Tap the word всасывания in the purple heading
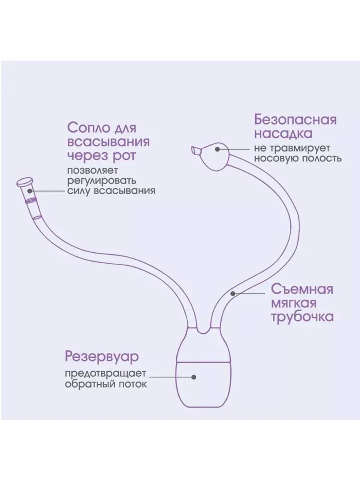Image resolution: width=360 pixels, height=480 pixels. coord(108,142)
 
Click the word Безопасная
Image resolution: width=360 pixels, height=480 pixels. coord(295,120)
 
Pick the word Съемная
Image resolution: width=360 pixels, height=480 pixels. coord(302,289)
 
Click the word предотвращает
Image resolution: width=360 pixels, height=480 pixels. coord(106,374)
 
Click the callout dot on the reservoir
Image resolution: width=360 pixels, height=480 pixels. coord(194,376)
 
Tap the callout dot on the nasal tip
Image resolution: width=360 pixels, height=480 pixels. coord(217,149)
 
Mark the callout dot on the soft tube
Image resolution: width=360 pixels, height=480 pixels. coord(233,293)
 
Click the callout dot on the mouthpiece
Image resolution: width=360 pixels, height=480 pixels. coord(30,191)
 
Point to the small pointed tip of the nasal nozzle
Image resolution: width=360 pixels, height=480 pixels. coord(194,150)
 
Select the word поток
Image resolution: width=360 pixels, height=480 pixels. coord(134,384)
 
